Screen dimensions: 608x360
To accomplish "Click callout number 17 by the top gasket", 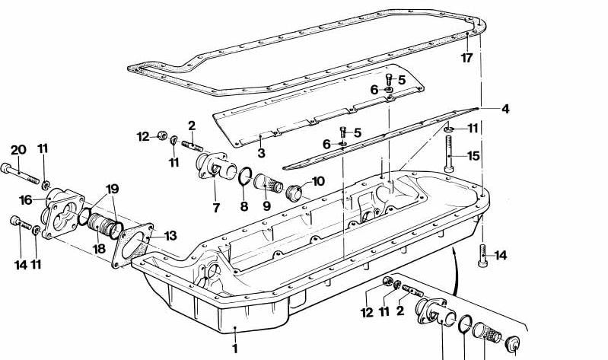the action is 467,58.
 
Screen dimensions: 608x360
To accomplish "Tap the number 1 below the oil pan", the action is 234,349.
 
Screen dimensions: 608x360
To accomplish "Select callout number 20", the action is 18,150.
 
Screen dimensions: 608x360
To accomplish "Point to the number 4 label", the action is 505,109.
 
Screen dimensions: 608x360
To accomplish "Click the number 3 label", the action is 261,153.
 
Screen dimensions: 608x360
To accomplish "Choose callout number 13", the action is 170,235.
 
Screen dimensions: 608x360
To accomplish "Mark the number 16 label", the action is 26,199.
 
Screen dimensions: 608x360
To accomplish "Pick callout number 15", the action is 473,155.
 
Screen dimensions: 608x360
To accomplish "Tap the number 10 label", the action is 318,181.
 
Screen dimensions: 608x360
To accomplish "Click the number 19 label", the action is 112,189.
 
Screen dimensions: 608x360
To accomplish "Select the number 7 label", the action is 216,208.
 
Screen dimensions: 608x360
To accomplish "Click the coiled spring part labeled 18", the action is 98,225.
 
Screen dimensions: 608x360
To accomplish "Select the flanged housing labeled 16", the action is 63,213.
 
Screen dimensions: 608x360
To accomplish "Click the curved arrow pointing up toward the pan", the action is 456,271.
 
